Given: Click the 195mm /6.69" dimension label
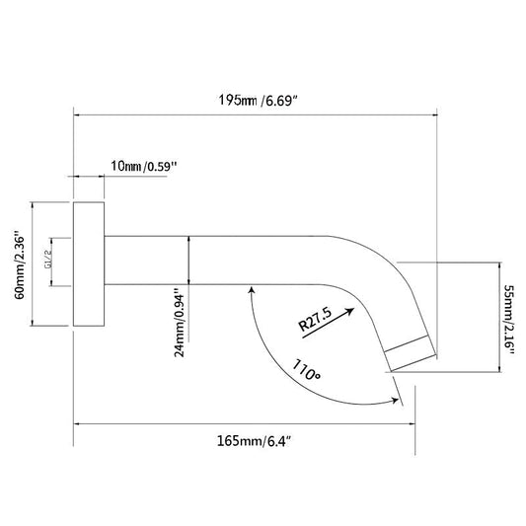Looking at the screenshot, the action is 258,100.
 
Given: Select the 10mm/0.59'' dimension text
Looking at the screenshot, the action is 143,166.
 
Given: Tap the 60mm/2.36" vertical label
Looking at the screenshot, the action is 20,264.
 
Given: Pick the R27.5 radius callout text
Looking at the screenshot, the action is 315,319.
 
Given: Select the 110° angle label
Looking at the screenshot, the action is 306,369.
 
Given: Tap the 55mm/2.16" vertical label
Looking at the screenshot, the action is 509,321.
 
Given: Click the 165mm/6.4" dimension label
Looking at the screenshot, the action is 254,441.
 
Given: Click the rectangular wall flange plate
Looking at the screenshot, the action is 89,264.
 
